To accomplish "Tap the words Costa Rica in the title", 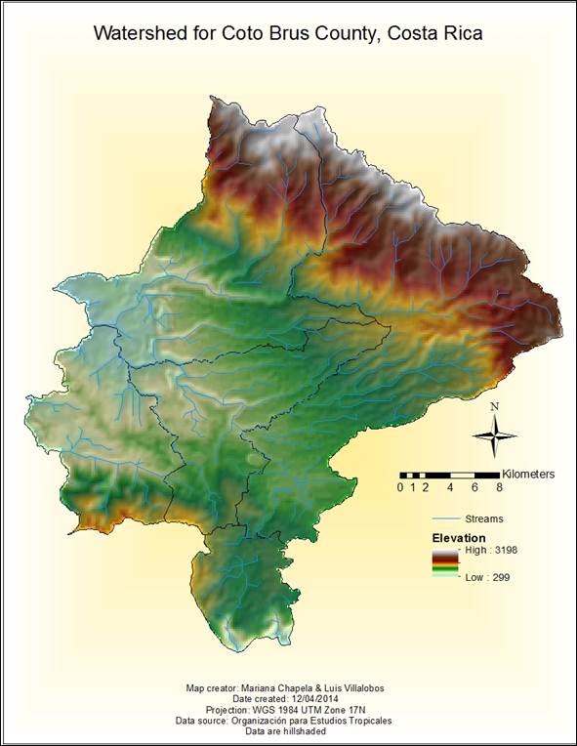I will (x=435, y=33).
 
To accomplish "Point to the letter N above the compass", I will (x=495, y=407).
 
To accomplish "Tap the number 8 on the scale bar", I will (x=500, y=487).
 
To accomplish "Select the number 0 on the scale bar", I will (x=400, y=487).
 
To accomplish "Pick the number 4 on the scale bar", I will (x=450, y=487).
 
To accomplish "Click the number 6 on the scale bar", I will (x=474, y=487).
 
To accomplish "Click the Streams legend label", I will (x=485, y=518).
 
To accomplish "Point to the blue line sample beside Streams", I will (x=446, y=518).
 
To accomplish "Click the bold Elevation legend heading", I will (x=459, y=538).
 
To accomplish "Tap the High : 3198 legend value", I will (x=491, y=551).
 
